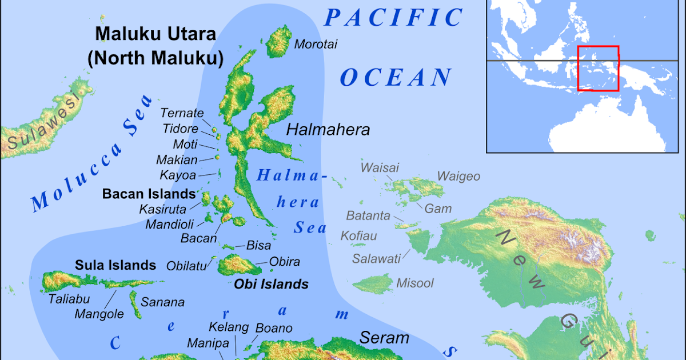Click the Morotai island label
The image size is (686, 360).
(x=316, y=44)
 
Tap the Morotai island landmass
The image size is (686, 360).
(x=280, y=41)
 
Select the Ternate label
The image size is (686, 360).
(x=182, y=113)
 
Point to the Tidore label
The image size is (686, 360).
(x=180, y=129)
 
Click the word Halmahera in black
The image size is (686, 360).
(x=328, y=130)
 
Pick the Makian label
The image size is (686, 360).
(x=177, y=160)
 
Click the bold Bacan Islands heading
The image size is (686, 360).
(x=149, y=194)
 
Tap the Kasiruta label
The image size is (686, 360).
(x=163, y=209)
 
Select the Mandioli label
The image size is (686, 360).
(x=170, y=224)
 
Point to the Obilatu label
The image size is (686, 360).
(x=187, y=265)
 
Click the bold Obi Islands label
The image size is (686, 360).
(x=271, y=284)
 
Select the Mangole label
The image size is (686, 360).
(x=99, y=314)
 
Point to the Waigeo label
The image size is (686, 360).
(x=458, y=176)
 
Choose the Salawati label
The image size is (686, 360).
(x=376, y=258)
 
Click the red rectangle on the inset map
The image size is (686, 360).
(x=598, y=69)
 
